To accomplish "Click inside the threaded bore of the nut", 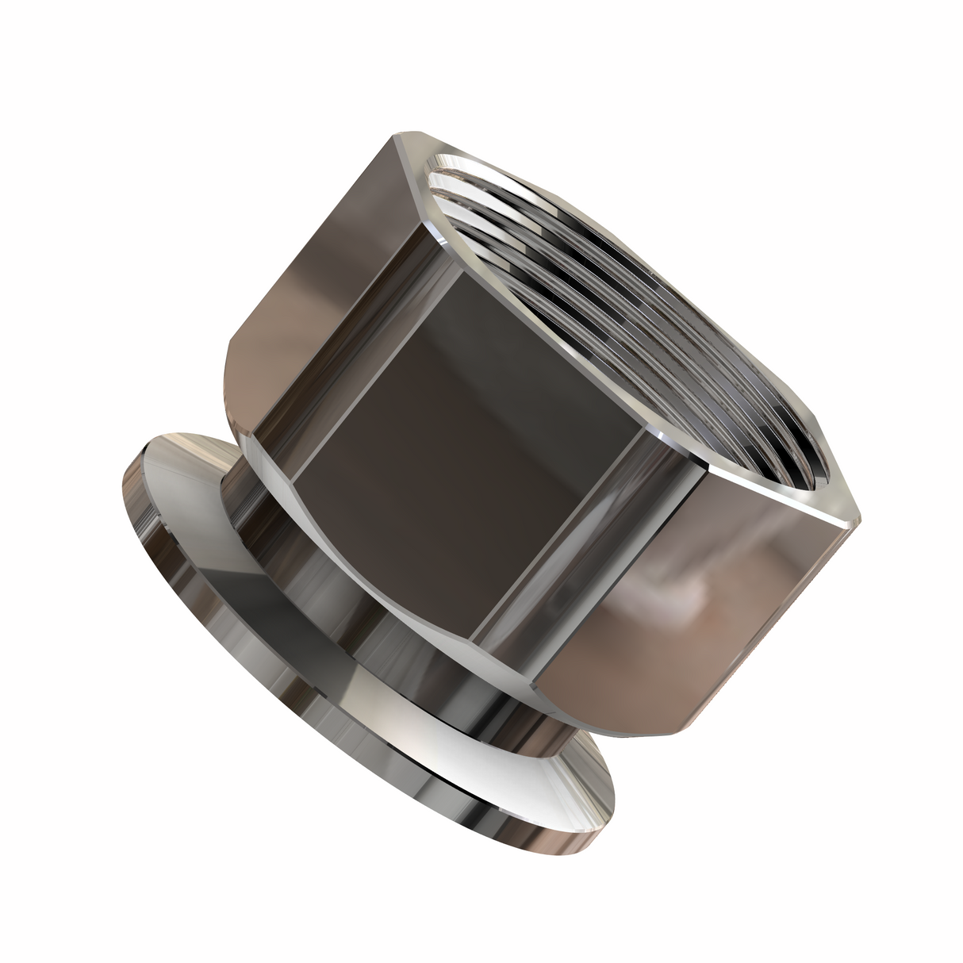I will (x=627, y=317).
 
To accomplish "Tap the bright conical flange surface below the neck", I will (x=444, y=714).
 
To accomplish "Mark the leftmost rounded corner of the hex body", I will (x=230, y=349).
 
